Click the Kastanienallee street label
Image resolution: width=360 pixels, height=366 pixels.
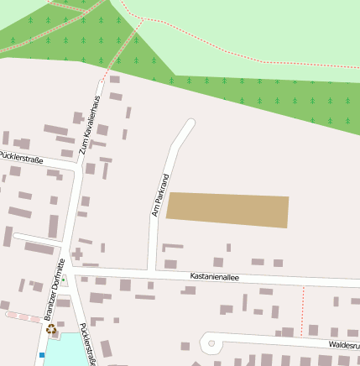[214, 276]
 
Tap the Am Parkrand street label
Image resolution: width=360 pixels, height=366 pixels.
[159, 196]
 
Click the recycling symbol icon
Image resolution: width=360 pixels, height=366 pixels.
[51, 330]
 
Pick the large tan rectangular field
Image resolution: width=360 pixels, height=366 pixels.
[228, 210]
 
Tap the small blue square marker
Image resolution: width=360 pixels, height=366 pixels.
[41, 354]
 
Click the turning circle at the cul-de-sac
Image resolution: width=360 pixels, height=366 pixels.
[211, 342]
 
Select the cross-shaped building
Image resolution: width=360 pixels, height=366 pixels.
[77, 253]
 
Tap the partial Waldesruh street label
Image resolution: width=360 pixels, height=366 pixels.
[343, 344]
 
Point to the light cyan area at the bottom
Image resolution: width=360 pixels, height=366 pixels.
[63, 351]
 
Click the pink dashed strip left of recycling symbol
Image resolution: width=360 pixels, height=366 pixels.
[22, 316]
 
